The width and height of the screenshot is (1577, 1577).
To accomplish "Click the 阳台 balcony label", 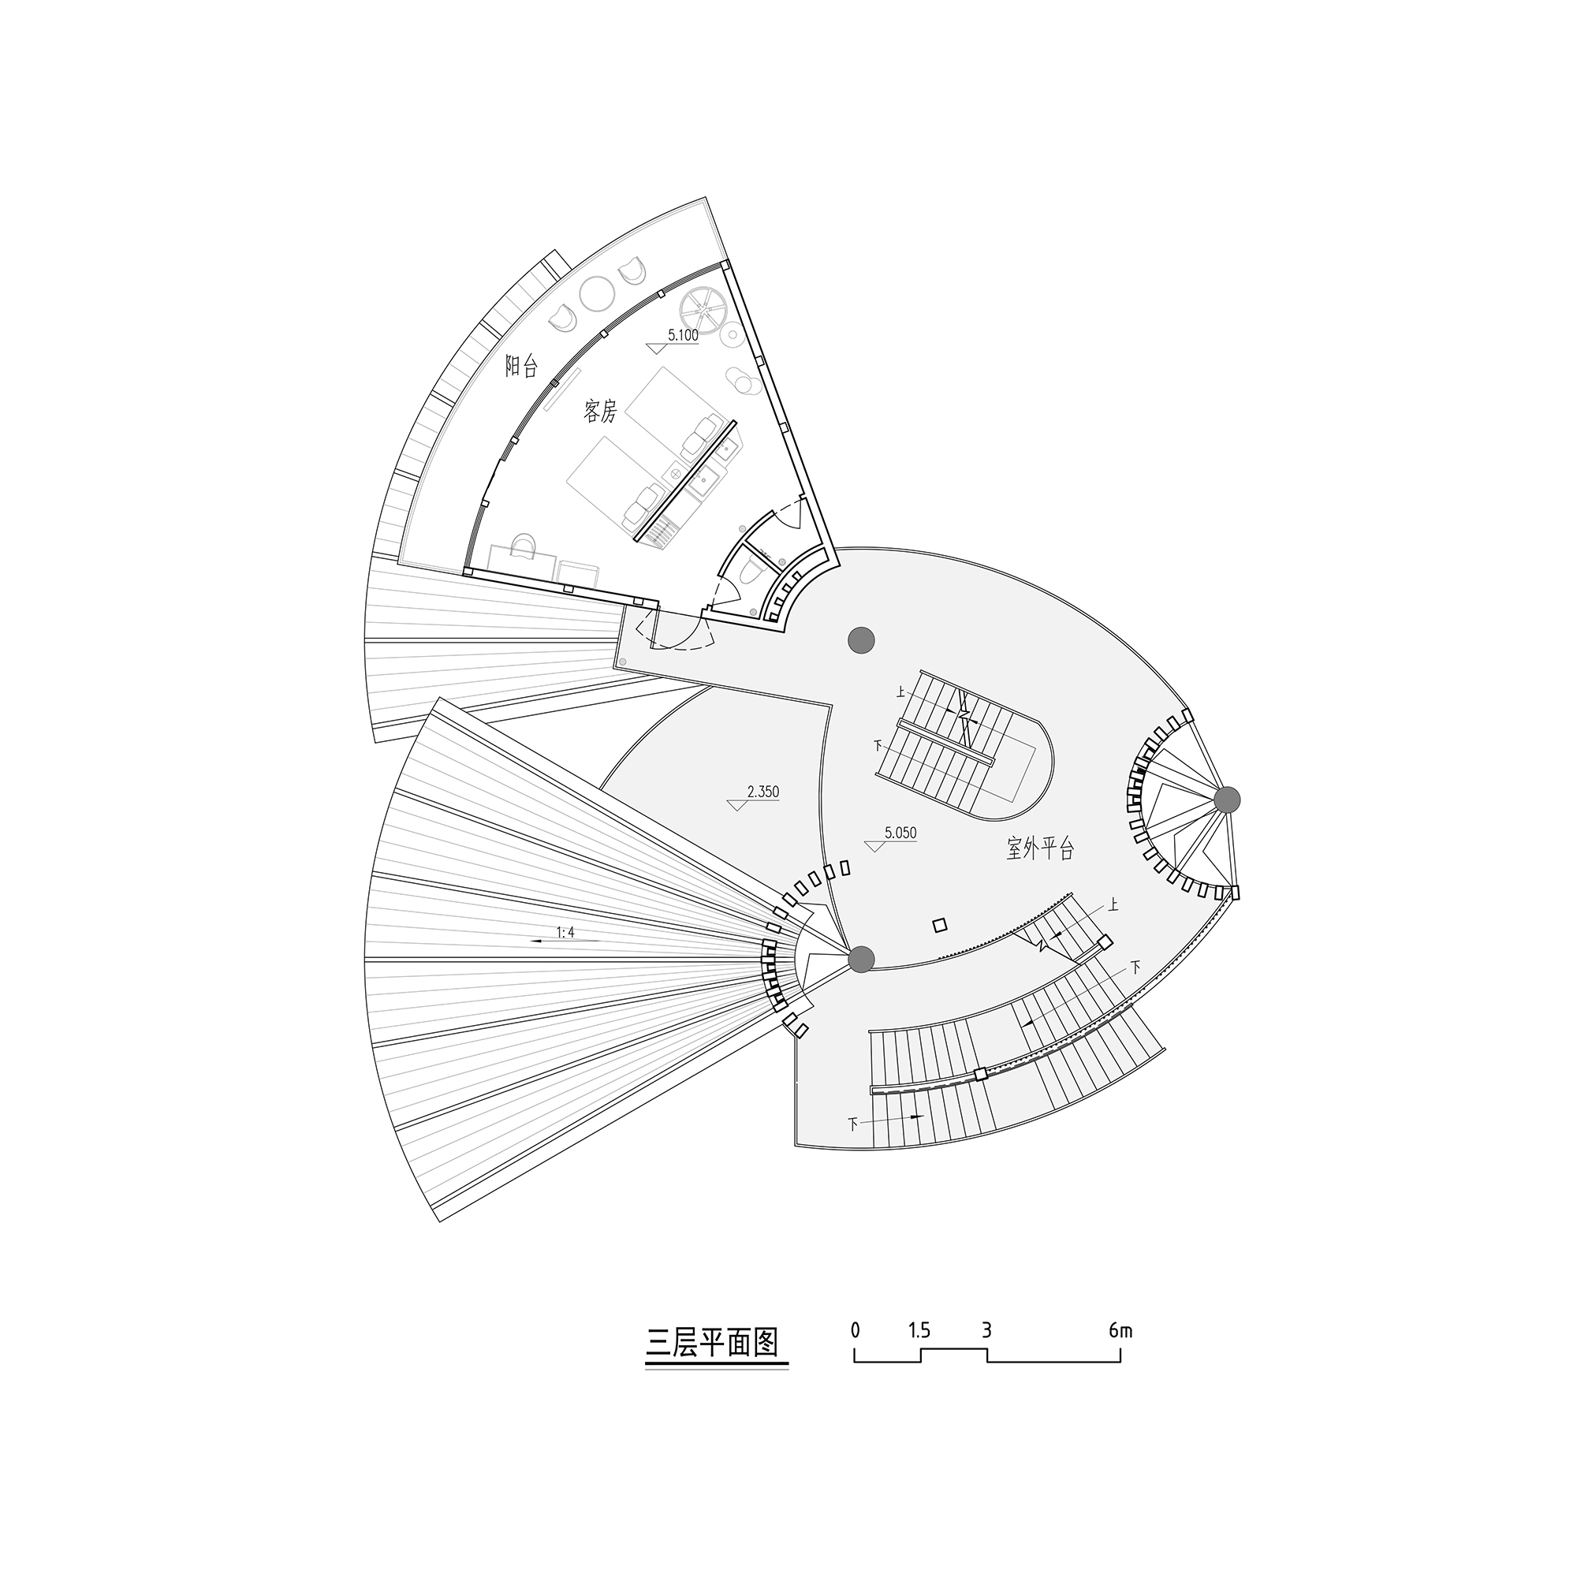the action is coord(520,366).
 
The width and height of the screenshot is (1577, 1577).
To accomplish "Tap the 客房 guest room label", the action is coord(600,412).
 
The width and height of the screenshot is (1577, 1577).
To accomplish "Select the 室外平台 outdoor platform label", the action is coord(1040,849).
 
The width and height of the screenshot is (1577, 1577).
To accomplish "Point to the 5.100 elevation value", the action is coord(683,334).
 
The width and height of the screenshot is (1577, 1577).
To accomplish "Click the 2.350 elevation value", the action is coord(763,792).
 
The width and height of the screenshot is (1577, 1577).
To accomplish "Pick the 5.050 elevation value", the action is coord(900,833).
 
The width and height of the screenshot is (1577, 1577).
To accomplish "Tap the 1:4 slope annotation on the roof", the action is coord(565,932).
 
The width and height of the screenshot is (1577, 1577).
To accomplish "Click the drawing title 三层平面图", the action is coord(713,1343).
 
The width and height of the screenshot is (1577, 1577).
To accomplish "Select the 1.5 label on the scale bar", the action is coord(919,1331).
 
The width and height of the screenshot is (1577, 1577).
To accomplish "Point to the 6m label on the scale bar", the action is coord(1120,1331).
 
